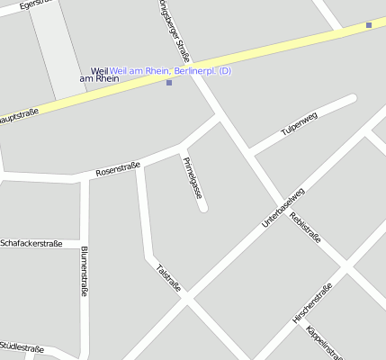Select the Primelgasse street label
[x=193, y=177]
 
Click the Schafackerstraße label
[x=31, y=243]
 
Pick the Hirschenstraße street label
[x=312, y=303]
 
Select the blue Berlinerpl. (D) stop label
[x=171, y=70]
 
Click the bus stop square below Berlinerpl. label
[x=169, y=83]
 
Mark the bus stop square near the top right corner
[x=369, y=25]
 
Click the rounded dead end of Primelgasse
[x=203, y=208]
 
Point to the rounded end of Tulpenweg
[x=352, y=99]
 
